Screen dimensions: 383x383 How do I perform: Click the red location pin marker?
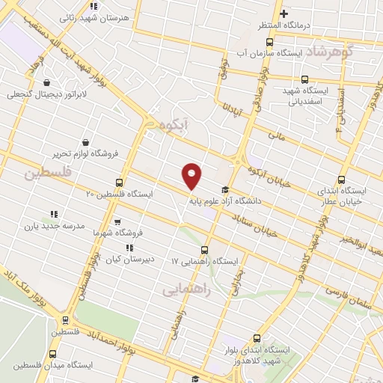(192, 176)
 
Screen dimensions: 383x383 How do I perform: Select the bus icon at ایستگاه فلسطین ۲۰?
(119, 183)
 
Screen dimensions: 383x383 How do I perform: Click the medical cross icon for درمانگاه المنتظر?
(284, 13)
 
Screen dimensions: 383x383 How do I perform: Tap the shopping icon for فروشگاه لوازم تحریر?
(87, 142)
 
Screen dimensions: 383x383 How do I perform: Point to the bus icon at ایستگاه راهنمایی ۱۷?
(204, 251)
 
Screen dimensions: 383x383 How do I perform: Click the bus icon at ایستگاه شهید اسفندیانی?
(304, 79)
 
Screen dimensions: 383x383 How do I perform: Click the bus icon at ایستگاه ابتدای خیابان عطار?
(342, 180)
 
